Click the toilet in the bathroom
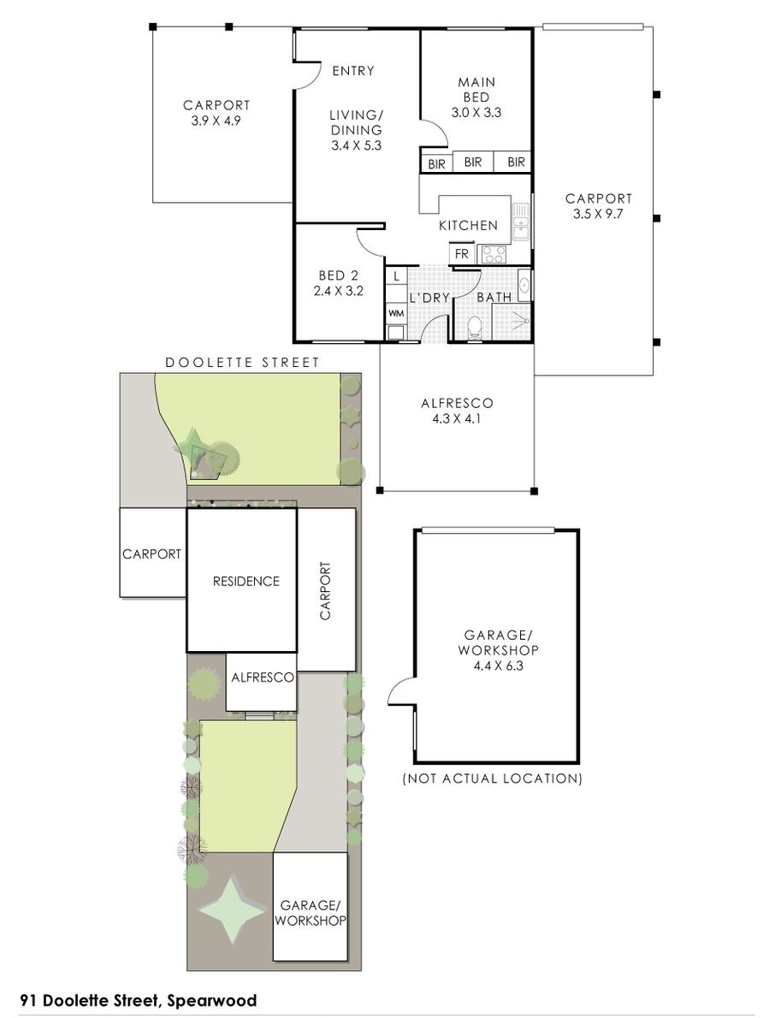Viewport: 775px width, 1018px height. [x=475, y=328]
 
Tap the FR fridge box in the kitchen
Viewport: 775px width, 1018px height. [x=462, y=254]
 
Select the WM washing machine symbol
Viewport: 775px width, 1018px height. [x=396, y=313]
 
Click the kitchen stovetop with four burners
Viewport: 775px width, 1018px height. [x=494, y=254]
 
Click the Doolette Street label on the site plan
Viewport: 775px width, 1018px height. [x=242, y=362]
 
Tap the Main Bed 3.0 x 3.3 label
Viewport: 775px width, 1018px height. [x=476, y=97]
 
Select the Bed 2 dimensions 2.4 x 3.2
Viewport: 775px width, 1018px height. [x=338, y=292]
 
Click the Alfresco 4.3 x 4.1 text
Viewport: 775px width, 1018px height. [x=457, y=411]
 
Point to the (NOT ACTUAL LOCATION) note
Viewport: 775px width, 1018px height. [x=492, y=778]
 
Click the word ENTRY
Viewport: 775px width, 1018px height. [x=353, y=70]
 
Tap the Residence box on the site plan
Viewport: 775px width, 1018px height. [x=242, y=580]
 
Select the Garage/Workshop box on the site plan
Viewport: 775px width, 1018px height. [x=310, y=906]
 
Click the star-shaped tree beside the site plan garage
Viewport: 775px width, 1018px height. [x=233, y=909]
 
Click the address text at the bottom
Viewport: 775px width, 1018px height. [x=139, y=1001]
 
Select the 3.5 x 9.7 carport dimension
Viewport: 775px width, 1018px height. [x=598, y=214]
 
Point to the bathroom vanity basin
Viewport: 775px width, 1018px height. [x=524, y=284]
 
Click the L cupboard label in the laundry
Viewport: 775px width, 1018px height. [x=396, y=276]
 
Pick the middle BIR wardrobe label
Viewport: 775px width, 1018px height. [x=472, y=162]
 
